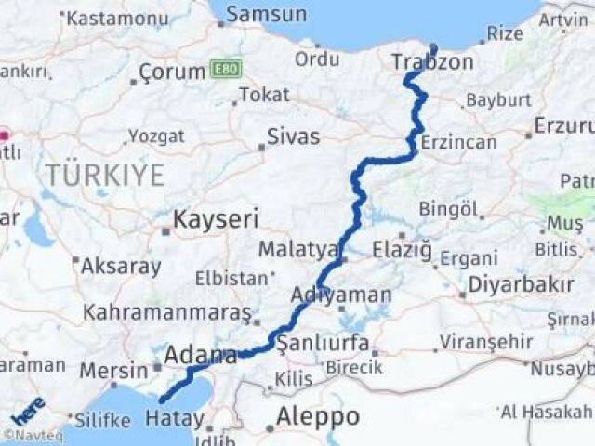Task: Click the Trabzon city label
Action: pos(432,62)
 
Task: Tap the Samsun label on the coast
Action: pos(266,14)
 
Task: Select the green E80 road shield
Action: pos(226,69)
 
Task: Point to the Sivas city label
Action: pos(293,137)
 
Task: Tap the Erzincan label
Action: pos(458,142)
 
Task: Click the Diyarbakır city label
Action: pos(520,284)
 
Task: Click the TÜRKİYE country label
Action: pos(105,174)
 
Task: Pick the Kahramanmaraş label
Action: pos(167,312)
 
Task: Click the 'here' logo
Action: pos(27,410)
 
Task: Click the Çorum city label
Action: pos(172,72)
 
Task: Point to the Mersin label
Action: pos(113,371)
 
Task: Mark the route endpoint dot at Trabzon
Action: pos(433,48)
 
